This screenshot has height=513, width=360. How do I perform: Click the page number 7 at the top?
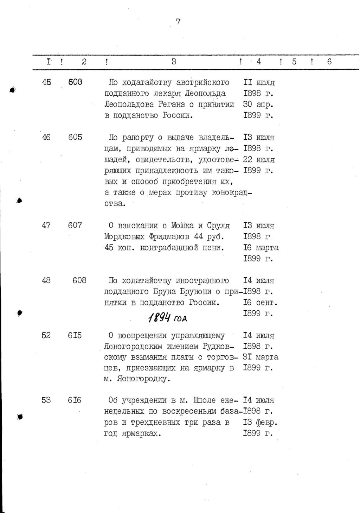178,22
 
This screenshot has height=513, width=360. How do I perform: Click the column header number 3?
174,62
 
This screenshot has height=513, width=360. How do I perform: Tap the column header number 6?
329,62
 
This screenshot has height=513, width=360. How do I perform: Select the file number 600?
75,82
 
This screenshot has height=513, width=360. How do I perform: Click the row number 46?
46,137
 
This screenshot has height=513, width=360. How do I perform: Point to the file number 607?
75,225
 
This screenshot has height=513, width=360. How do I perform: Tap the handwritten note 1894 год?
167,318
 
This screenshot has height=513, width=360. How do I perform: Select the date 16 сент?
261,303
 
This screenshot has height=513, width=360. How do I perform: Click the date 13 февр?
261,422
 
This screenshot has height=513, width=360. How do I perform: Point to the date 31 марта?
261,357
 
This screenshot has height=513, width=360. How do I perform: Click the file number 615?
75,336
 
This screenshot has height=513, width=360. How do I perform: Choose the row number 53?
46,400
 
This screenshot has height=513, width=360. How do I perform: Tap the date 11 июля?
259,82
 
